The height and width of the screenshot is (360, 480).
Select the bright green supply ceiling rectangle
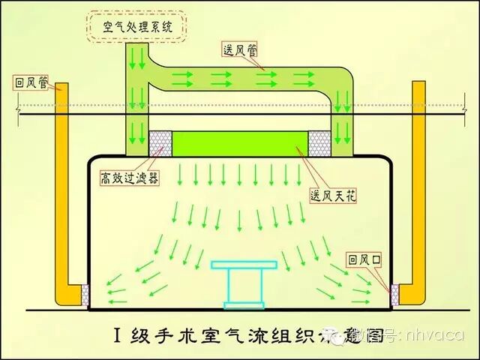[x=241, y=143]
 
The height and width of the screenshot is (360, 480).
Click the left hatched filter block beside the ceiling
[x=160, y=143]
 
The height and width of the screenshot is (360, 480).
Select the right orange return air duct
[x=418, y=187]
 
